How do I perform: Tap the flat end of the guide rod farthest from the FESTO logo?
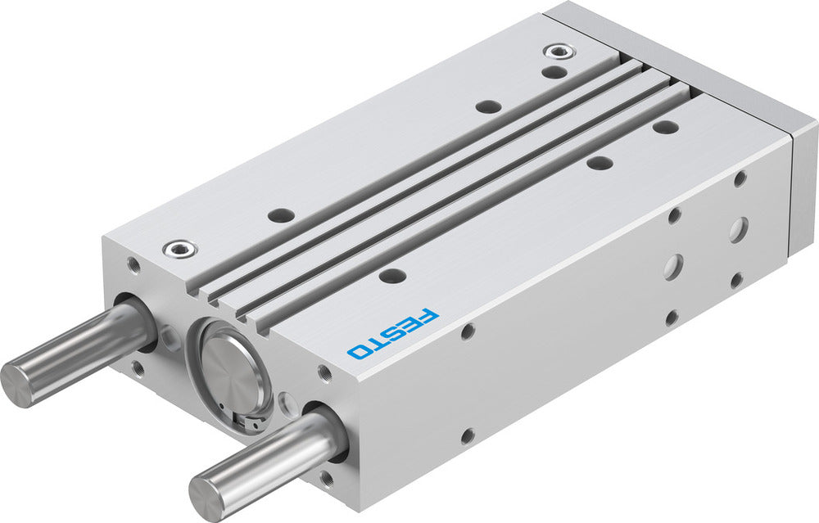click(18, 383)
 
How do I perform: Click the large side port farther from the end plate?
click(674, 267)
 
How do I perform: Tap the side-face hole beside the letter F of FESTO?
click(468, 331)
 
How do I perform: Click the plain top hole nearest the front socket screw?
click(281, 216)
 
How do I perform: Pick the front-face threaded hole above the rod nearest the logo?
click(325, 373)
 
